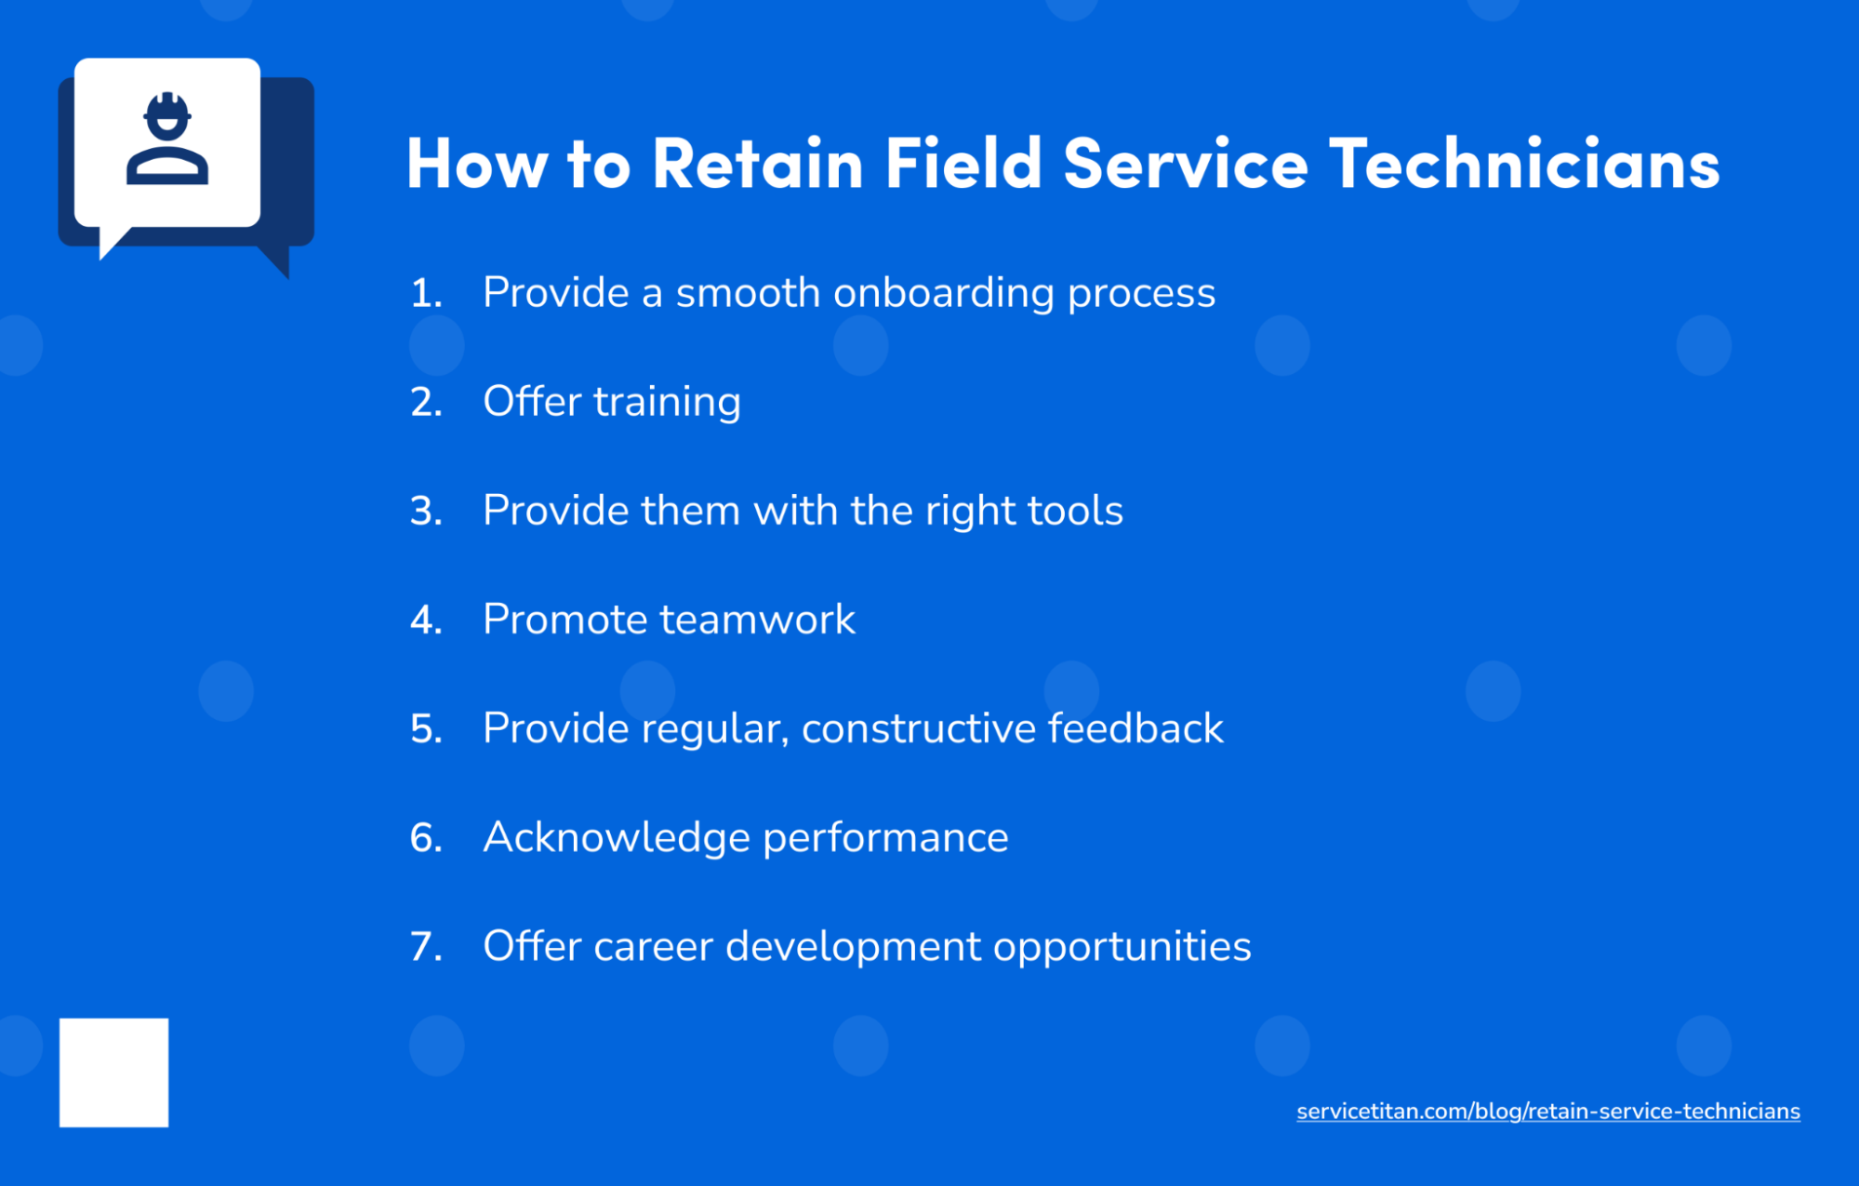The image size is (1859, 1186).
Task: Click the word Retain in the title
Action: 758,164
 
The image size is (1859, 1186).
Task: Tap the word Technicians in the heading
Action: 1524,164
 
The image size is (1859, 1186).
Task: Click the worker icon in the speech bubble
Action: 167,140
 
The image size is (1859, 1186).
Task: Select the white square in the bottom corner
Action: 113,1073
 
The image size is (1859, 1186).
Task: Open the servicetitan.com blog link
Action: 1547,1112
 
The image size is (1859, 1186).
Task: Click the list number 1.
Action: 425,294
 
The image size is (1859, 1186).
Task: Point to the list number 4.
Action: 425,620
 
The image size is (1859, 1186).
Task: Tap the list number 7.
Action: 425,947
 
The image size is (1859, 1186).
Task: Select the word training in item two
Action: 667,403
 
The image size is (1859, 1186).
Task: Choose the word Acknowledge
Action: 616,837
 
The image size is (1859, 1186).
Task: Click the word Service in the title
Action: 1186,164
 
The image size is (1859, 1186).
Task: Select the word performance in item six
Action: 885,837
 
